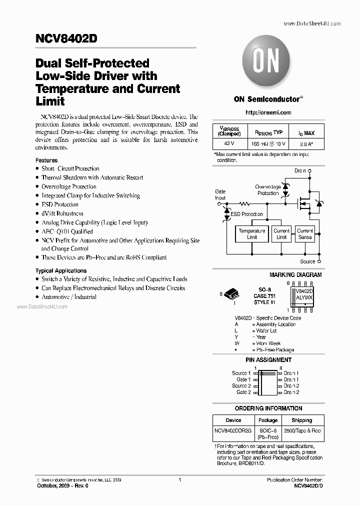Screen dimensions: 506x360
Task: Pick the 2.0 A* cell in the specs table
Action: pyautogui.click(x=306, y=143)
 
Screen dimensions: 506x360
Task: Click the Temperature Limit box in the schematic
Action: pyautogui.click(x=251, y=234)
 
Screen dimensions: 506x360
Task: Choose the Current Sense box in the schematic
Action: pyautogui.click(x=305, y=234)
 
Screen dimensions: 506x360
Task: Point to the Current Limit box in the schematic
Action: pyautogui.click(x=281, y=234)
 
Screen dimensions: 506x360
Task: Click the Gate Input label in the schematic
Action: pyautogui.click(x=220, y=194)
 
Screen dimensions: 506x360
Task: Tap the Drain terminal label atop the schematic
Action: pyautogui.click(x=300, y=170)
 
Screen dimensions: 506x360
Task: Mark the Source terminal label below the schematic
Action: pyautogui.click(x=307, y=261)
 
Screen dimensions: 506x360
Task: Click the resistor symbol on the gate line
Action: pyautogui.click(x=245, y=204)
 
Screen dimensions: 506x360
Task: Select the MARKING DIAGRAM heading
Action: pyautogui.click(x=295, y=275)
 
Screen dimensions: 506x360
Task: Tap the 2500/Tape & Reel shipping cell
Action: pyautogui.click(x=301, y=430)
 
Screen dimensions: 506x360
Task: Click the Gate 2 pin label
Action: pyautogui.click(x=243, y=392)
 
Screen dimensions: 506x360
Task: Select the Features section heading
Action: pyautogui.click(x=46, y=160)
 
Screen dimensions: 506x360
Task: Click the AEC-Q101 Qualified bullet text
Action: pyautogui.click(x=67, y=231)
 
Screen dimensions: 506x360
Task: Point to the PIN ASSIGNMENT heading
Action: pyautogui.click(x=268, y=360)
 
